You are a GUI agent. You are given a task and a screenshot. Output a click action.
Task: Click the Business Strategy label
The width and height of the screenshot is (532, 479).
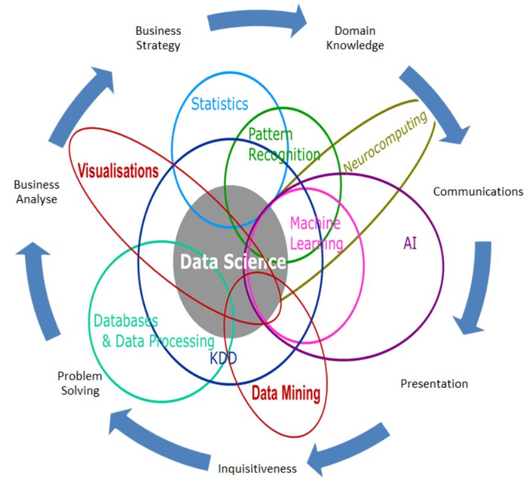point(159,37)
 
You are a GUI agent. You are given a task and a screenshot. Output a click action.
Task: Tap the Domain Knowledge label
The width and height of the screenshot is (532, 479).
point(355,37)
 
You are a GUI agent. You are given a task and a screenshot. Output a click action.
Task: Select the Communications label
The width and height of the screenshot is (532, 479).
point(478,191)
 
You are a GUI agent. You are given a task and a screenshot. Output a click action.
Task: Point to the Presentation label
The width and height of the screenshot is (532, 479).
point(434,383)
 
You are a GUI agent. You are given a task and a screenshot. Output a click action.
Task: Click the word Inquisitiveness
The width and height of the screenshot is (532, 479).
point(257,469)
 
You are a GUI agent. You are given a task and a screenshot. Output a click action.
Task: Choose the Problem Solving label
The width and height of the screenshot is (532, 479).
point(80,383)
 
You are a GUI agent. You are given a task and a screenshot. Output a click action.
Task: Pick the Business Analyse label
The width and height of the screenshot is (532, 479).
point(37,192)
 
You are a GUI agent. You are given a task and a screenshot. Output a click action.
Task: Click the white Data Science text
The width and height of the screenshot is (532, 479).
point(233,262)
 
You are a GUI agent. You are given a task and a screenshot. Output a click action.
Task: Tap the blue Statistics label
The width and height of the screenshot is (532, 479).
point(220,104)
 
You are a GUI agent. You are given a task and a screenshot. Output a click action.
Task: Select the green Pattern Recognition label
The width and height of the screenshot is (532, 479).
point(283,145)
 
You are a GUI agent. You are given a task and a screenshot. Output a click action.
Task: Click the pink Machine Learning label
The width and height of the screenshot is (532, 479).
point(316,233)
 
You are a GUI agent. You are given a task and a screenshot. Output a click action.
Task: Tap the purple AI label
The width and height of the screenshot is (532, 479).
point(410,243)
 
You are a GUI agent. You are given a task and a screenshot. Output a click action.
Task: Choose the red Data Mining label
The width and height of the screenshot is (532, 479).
point(286,393)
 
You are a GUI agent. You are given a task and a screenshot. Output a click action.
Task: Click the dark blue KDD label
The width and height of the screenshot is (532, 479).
point(223,358)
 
